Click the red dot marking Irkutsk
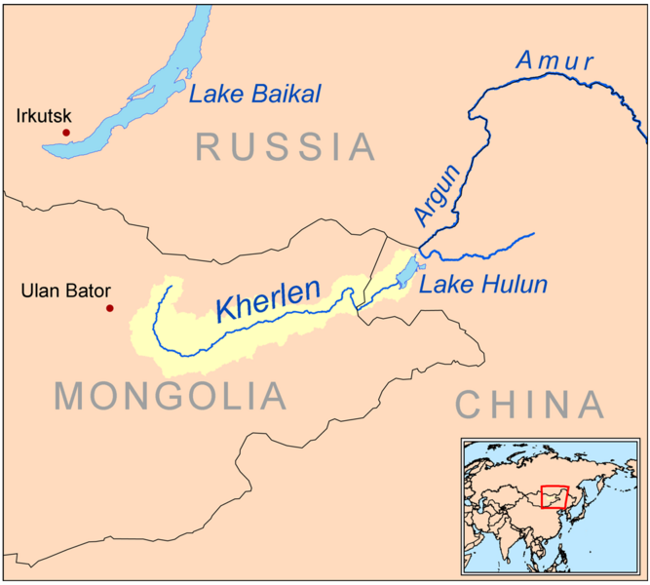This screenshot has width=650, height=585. point(66,132)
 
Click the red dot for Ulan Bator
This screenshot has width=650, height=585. point(109,308)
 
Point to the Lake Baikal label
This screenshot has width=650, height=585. point(255,95)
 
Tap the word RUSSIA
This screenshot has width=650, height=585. point(286,147)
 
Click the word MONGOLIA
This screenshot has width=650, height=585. point(172,397)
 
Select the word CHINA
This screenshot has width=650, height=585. point(530,404)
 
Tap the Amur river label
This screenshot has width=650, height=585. point(554,61)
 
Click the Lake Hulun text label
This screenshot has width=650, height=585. point(482,286)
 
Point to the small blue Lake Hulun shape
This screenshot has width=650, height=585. point(407,272)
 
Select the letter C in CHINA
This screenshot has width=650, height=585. point(470,404)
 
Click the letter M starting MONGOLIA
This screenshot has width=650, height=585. point(74,397)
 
